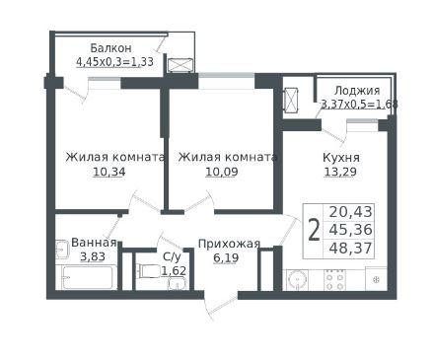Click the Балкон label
tap(110, 48)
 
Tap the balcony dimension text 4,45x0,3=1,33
tap(114, 62)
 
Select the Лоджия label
tap(357, 91)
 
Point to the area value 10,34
tap(109, 172)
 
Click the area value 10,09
tap(222, 172)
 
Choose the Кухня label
tap(341, 158)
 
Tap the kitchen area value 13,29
tap(340, 172)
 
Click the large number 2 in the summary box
tap(315, 231)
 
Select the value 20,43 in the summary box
tap(350, 212)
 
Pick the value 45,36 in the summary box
tap(350, 230)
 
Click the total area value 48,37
tap(350, 248)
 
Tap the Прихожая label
tap(229, 245)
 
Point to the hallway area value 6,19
tap(226, 257)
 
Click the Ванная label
tap(94, 243)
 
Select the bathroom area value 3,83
tap(93, 256)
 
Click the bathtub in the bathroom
tap(88, 278)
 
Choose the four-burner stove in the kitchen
tap(335, 280)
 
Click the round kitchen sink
tap(298, 280)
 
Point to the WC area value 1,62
tap(174, 271)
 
